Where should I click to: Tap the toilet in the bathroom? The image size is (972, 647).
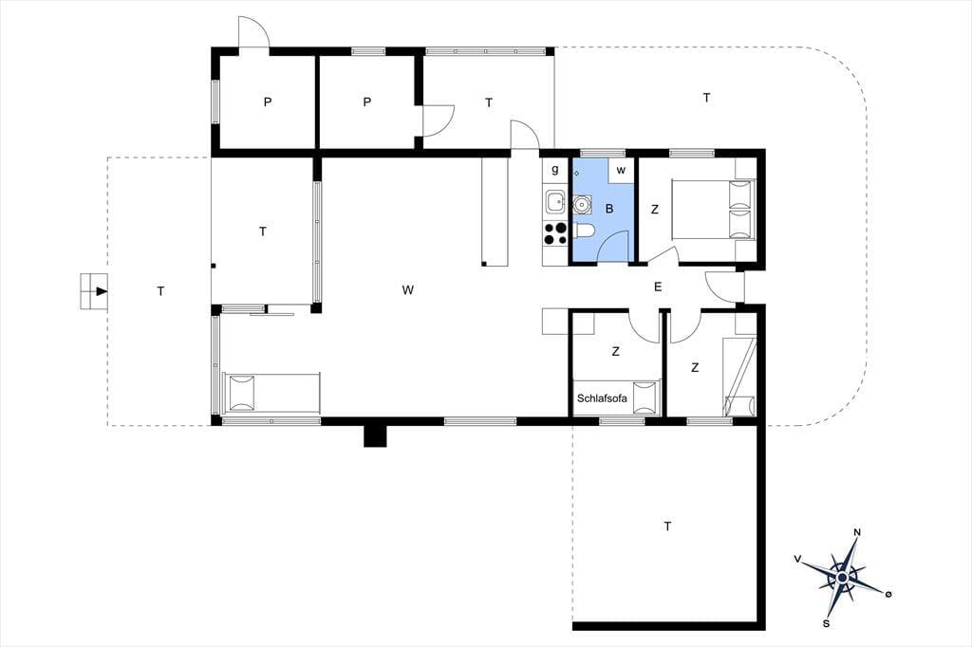click(x=584, y=231)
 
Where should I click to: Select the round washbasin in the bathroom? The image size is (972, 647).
click(x=582, y=205)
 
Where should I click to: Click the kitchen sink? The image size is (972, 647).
click(x=554, y=201)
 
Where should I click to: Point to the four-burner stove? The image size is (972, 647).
click(x=554, y=233)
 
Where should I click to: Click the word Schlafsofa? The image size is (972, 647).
click(x=602, y=398)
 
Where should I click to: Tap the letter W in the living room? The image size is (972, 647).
click(x=407, y=290)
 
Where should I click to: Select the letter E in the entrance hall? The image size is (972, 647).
click(x=658, y=287)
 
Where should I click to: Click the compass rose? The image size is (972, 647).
click(x=843, y=578)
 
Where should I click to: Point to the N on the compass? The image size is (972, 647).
click(x=857, y=532)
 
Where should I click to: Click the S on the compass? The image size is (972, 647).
click(x=827, y=623)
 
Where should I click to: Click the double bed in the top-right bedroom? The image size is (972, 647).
click(x=714, y=210)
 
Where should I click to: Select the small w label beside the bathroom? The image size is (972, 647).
click(x=621, y=171)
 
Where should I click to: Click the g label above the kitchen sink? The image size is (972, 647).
click(x=554, y=169)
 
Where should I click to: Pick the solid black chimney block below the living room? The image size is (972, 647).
click(x=375, y=435)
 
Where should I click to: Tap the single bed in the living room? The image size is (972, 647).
click(x=271, y=393)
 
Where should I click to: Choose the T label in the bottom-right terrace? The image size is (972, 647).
click(x=667, y=527)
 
